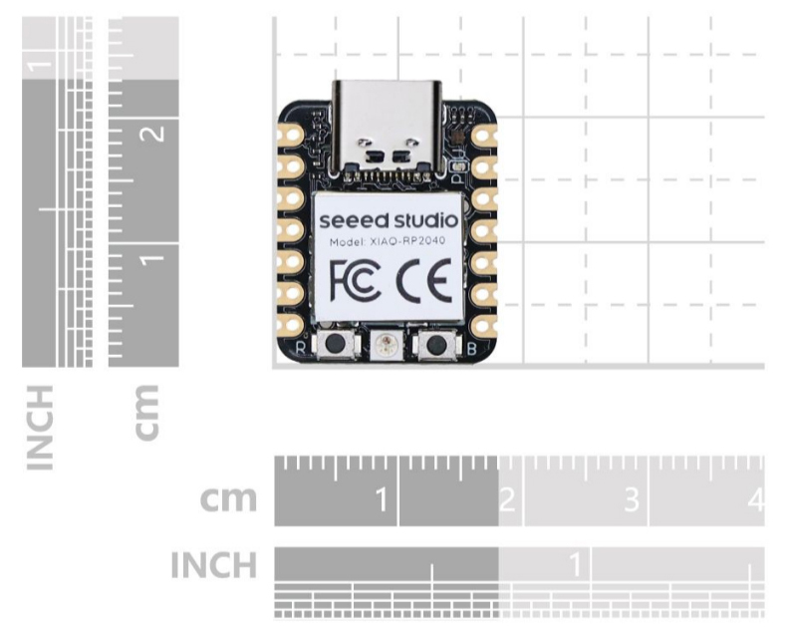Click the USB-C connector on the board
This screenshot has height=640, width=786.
[387, 125]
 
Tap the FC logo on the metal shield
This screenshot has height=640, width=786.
[354, 280]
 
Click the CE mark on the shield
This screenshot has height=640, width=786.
[423, 280]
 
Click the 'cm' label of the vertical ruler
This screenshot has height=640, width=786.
[147, 411]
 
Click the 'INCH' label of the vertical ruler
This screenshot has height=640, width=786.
[41, 427]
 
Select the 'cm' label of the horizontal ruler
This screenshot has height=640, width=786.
[228, 498]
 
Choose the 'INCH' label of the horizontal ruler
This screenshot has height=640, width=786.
[213, 565]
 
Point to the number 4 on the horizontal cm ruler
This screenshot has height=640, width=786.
[754, 498]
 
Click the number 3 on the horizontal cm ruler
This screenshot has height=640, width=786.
[630, 498]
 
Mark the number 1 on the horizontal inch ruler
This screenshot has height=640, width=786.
[574, 564]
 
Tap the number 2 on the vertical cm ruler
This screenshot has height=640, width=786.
[154, 133]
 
